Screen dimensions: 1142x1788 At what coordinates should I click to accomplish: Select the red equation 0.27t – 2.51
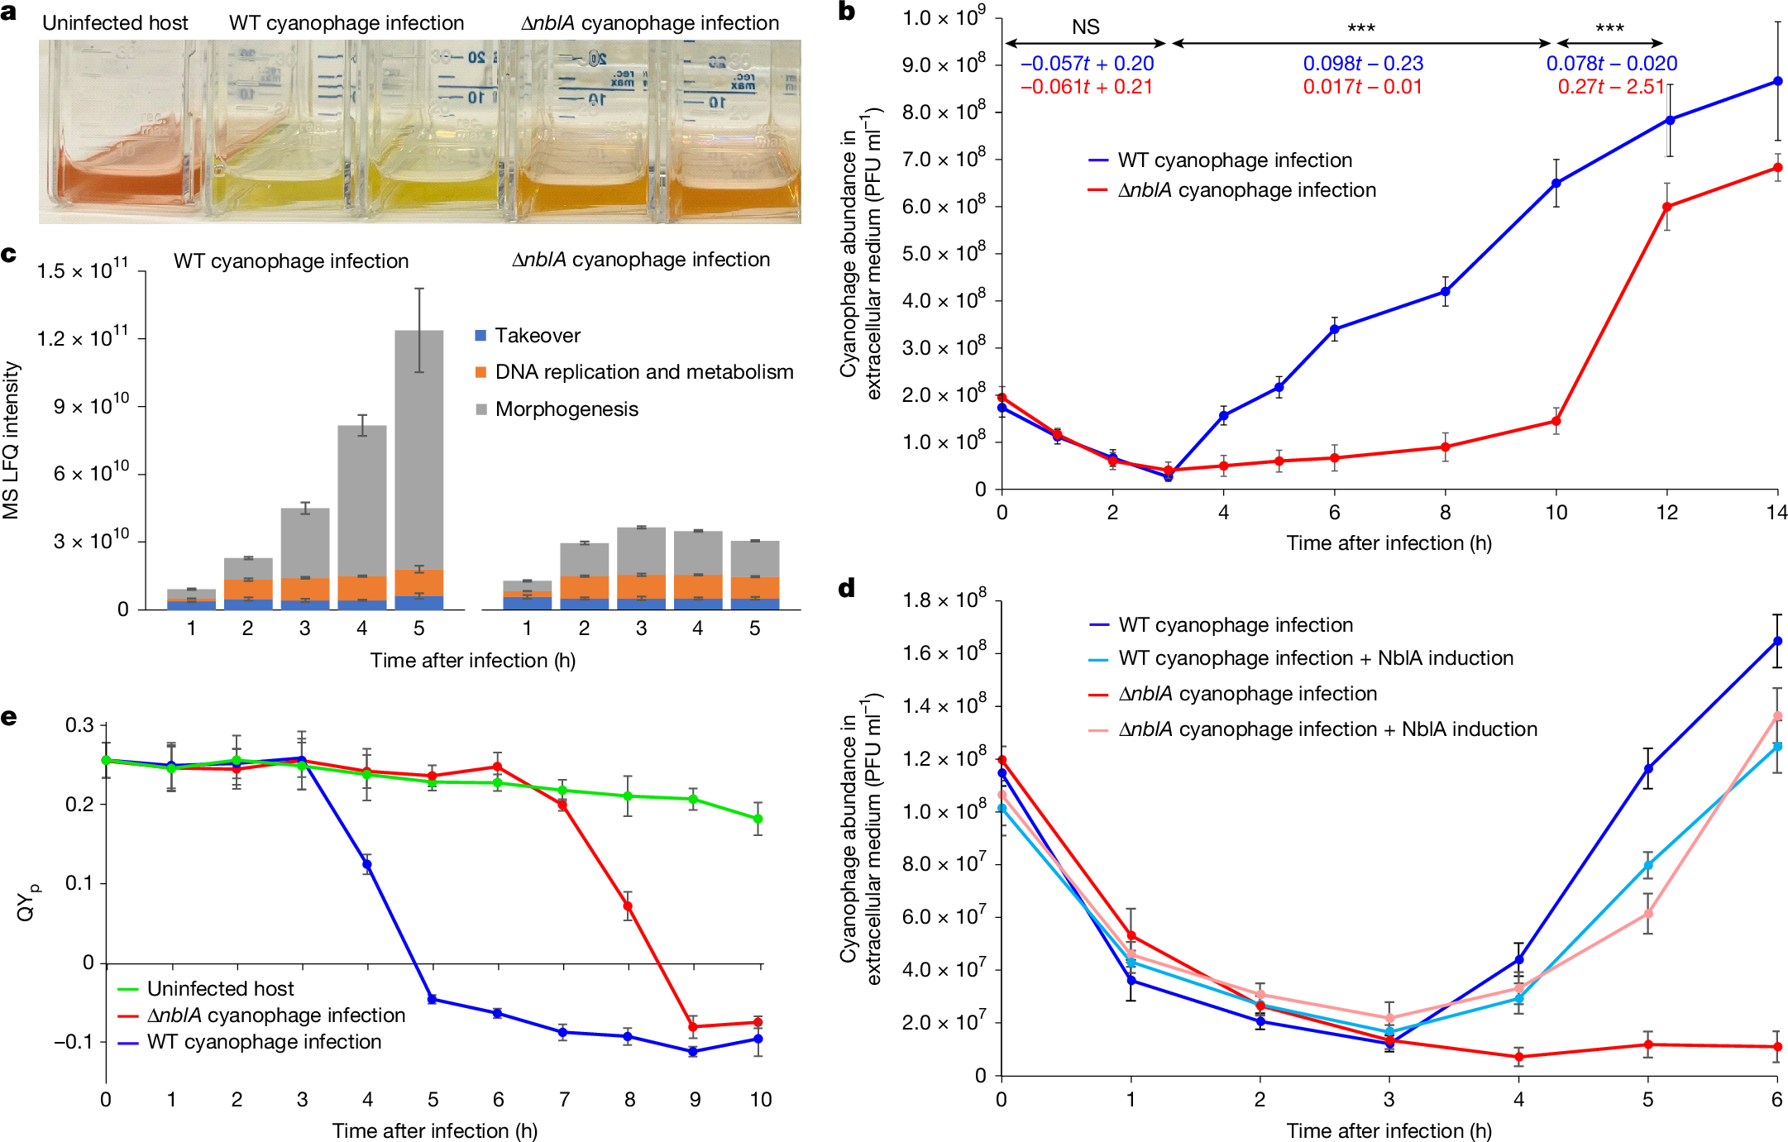1610,87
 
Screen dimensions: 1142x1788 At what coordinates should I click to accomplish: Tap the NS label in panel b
1085,27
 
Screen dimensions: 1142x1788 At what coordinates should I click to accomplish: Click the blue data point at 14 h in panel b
1777,81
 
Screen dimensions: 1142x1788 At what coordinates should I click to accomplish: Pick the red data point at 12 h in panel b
1666,207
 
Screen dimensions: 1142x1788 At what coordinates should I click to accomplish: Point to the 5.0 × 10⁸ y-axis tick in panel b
944,253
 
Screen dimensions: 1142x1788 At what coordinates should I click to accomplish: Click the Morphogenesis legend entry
567,409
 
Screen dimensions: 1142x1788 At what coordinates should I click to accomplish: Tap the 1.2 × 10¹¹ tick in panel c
83,339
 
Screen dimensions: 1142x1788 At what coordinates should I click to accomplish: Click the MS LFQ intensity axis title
11,440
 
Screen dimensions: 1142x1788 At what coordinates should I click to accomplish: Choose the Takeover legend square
480,336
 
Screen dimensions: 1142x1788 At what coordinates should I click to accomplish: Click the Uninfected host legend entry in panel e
220,988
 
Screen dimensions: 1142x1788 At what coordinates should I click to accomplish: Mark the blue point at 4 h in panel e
367,864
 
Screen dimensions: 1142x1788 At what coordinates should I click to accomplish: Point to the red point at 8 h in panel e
628,906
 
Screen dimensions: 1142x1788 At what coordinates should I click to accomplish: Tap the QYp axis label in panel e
26,902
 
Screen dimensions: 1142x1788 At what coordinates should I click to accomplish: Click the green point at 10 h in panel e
758,819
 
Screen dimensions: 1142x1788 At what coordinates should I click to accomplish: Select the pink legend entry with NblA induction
1327,729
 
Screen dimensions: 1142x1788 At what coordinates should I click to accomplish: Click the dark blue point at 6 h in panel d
1776,641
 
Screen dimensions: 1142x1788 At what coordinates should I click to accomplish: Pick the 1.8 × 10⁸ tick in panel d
944,600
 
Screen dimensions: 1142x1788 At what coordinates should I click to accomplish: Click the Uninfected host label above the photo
115,23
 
